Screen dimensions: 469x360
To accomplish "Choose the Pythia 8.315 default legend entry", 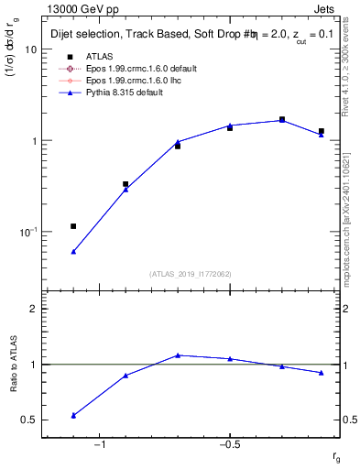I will pyautogui.click(x=121, y=92).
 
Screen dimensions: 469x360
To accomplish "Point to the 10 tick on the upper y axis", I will pyautogui.click(x=30, y=49).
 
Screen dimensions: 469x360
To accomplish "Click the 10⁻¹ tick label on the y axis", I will pyautogui.click(x=27, y=232).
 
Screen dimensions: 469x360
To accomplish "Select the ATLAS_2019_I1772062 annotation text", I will pyautogui.click(x=190, y=274).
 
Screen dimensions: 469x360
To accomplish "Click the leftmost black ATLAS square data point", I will pyautogui.click(x=73, y=226).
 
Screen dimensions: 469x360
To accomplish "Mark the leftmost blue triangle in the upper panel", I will pyautogui.click(x=73, y=251).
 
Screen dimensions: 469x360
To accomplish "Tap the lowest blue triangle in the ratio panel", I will pyautogui.click(x=73, y=415).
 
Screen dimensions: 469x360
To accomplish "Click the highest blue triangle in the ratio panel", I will pyautogui.click(x=178, y=354).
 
